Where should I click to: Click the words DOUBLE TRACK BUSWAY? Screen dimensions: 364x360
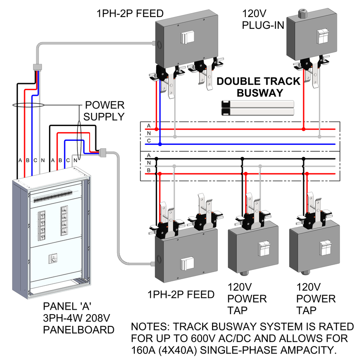pyautogui.click(x=259, y=87)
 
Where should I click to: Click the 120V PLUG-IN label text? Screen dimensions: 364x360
pyautogui.click(x=263, y=20)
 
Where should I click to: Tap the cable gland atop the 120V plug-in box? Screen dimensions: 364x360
pyautogui.click(x=302, y=14)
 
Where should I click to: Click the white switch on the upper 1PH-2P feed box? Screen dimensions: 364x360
pyautogui.click(x=187, y=38)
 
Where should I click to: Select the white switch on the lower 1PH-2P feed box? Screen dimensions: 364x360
pyautogui.click(x=187, y=264)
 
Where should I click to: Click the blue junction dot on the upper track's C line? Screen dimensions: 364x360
pyautogui.click(x=160, y=144)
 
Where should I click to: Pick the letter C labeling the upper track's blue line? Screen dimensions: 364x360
pyautogui.click(x=149, y=140)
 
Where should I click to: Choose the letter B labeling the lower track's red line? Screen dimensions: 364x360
pyautogui.click(x=149, y=170)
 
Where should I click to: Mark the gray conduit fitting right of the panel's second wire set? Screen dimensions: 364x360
pyautogui.click(x=103, y=152)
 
